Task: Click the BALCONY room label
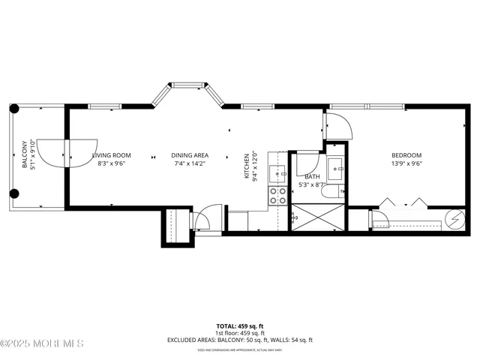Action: (24, 154)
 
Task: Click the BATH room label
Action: (311, 178)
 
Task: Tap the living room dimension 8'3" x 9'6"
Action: (112, 163)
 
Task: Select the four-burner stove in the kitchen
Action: (277, 196)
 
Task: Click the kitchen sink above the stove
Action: (279, 175)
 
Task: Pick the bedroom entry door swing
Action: (338, 125)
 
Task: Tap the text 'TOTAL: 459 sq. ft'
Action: (240, 326)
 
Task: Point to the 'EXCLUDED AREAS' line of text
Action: (240, 340)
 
